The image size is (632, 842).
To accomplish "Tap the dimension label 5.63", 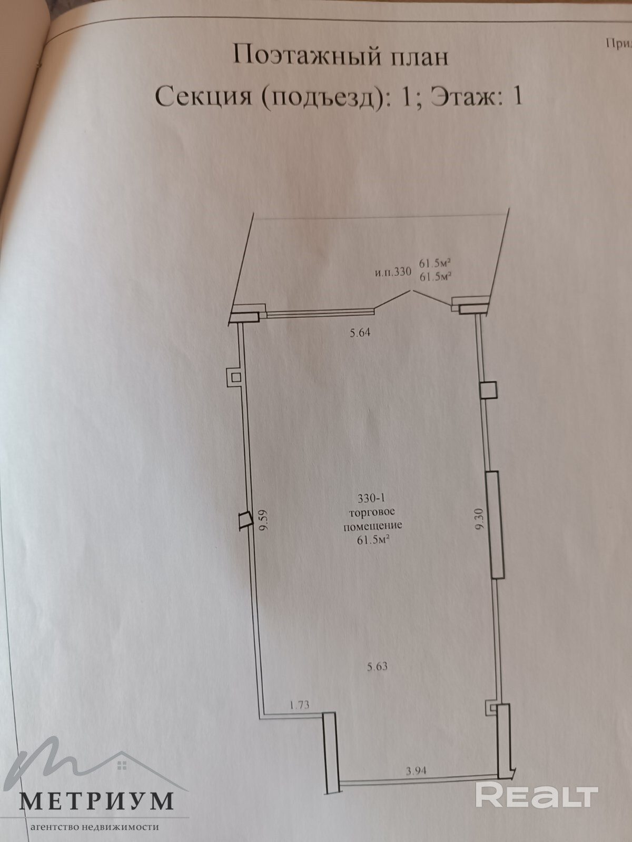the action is click(x=377, y=666).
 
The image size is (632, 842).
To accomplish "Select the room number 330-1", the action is click(x=372, y=498).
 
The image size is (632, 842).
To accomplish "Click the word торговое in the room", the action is click(x=372, y=512).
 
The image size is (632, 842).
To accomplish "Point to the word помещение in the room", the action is click(x=372, y=525).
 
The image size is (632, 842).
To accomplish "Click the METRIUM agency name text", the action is click(x=97, y=800).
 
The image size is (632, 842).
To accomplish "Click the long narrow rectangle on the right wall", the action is click(x=495, y=525).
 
